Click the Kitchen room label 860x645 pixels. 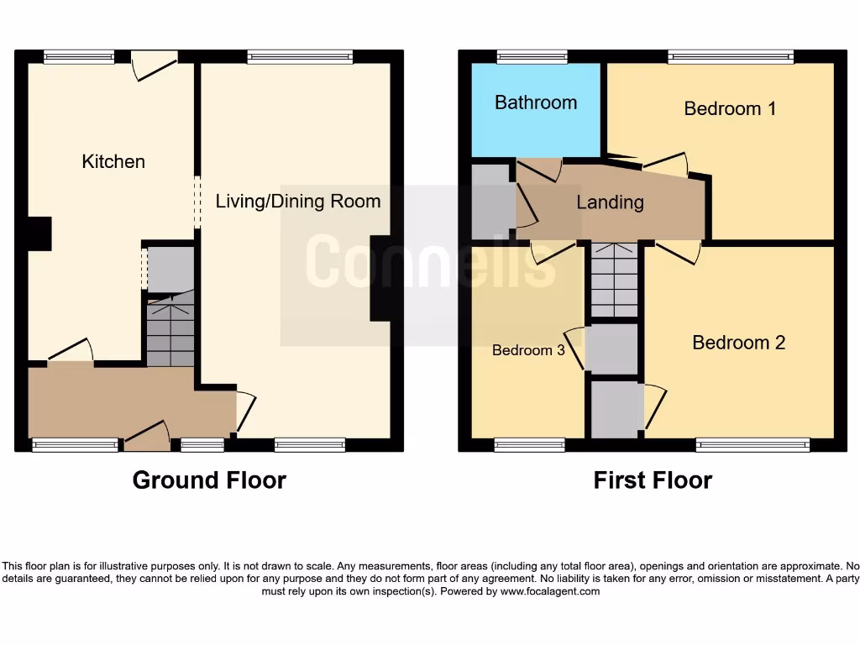pos(113,161)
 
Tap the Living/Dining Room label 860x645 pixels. pos(298,202)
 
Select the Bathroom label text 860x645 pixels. pos(536,102)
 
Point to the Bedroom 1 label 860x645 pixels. pos(730,108)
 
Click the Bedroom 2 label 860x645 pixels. pos(738,343)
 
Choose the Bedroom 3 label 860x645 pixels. pos(528,350)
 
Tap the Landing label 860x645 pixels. pos(610,202)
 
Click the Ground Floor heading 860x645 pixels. pos(209,480)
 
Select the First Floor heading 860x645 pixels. pos(653,480)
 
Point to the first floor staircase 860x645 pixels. pos(614,281)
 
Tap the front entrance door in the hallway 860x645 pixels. pos(147,436)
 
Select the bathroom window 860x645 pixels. pos(532,57)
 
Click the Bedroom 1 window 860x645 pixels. pos(731,57)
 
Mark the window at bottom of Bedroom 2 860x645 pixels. pos(752,445)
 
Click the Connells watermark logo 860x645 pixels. pos(430,263)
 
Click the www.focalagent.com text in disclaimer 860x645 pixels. pos(550,591)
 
